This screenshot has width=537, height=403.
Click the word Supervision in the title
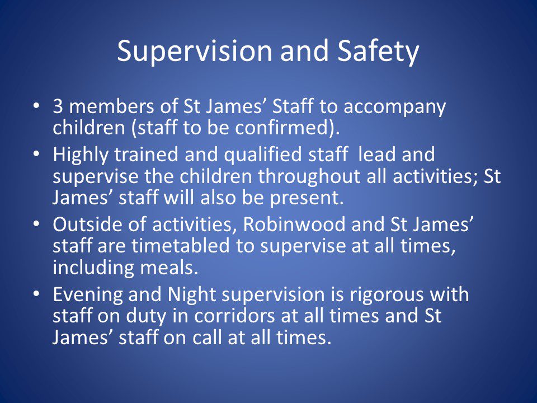click(195, 51)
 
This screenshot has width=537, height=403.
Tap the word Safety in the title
click(378, 51)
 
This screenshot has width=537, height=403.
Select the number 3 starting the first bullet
click(58, 106)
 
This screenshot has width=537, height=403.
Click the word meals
click(167, 268)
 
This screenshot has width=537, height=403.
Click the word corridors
click(235, 316)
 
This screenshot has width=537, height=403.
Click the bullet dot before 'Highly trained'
click(37, 153)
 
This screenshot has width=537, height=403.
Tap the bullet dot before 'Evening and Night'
click(37, 294)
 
